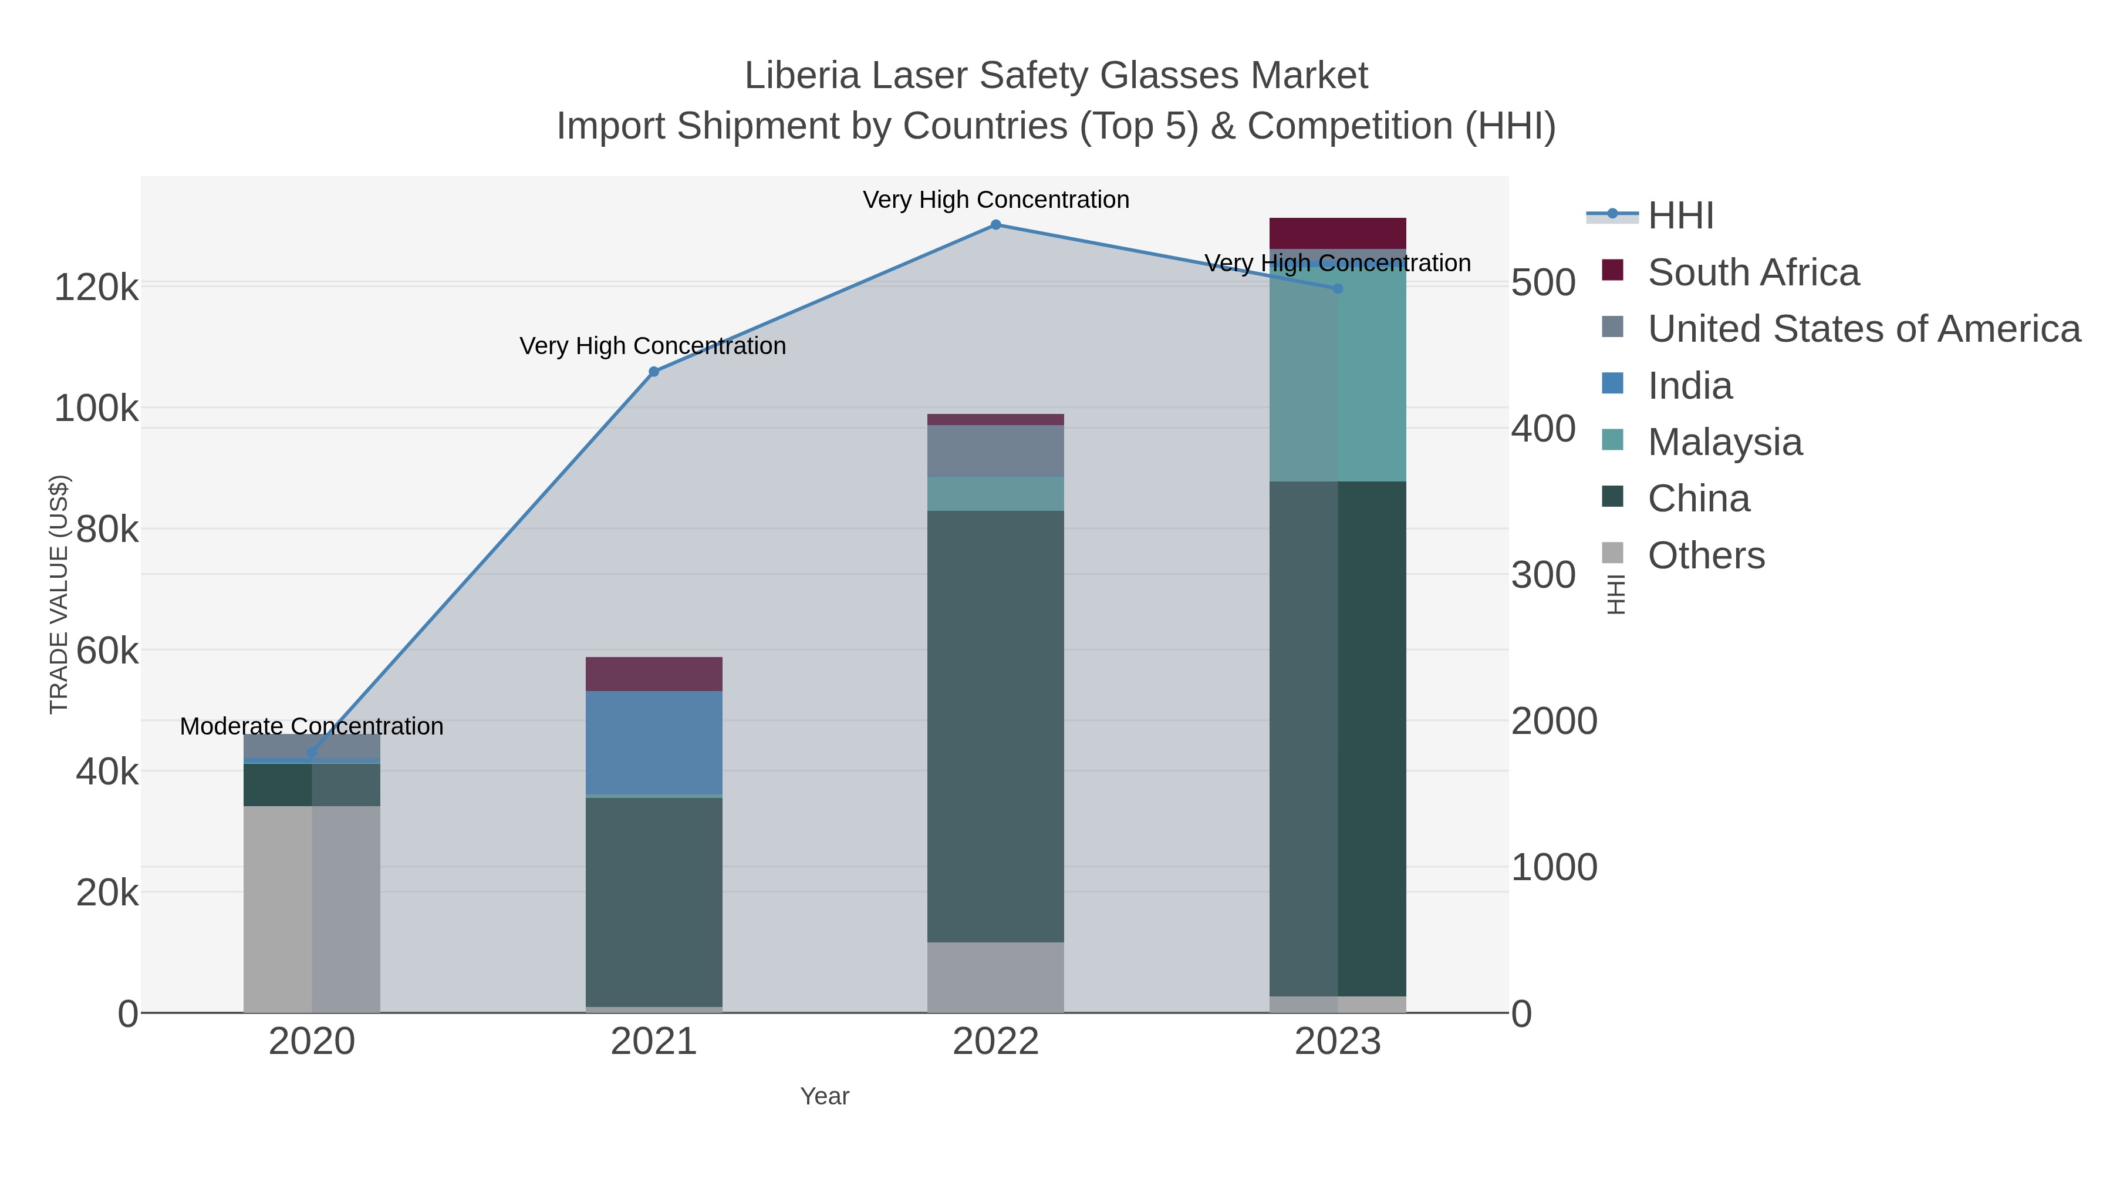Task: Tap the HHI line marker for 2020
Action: pyautogui.click(x=312, y=752)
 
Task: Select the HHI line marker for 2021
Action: pyautogui.click(x=654, y=372)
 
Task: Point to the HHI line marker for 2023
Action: pyautogui.click(x=1338, y=289)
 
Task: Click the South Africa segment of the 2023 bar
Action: pyautogui.click(x=1338, y=233)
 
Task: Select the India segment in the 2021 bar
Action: pyautogui.click(x=654, y=743)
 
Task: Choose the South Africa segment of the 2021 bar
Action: pyautogui.click(x=654, y=673)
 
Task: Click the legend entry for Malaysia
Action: pyautogui.click(x=1724, y=442)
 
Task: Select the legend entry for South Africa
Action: pyautogui.click(x=1752, y=272)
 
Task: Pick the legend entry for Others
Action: pyautogui.click(x=1705, y=555)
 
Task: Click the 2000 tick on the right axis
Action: pyautogui.click(x=1554, y=721)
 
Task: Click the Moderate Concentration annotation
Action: pyautogui.click(x=312, y=726)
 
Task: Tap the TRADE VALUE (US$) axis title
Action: pyautogui.click(x=59, y=594)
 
